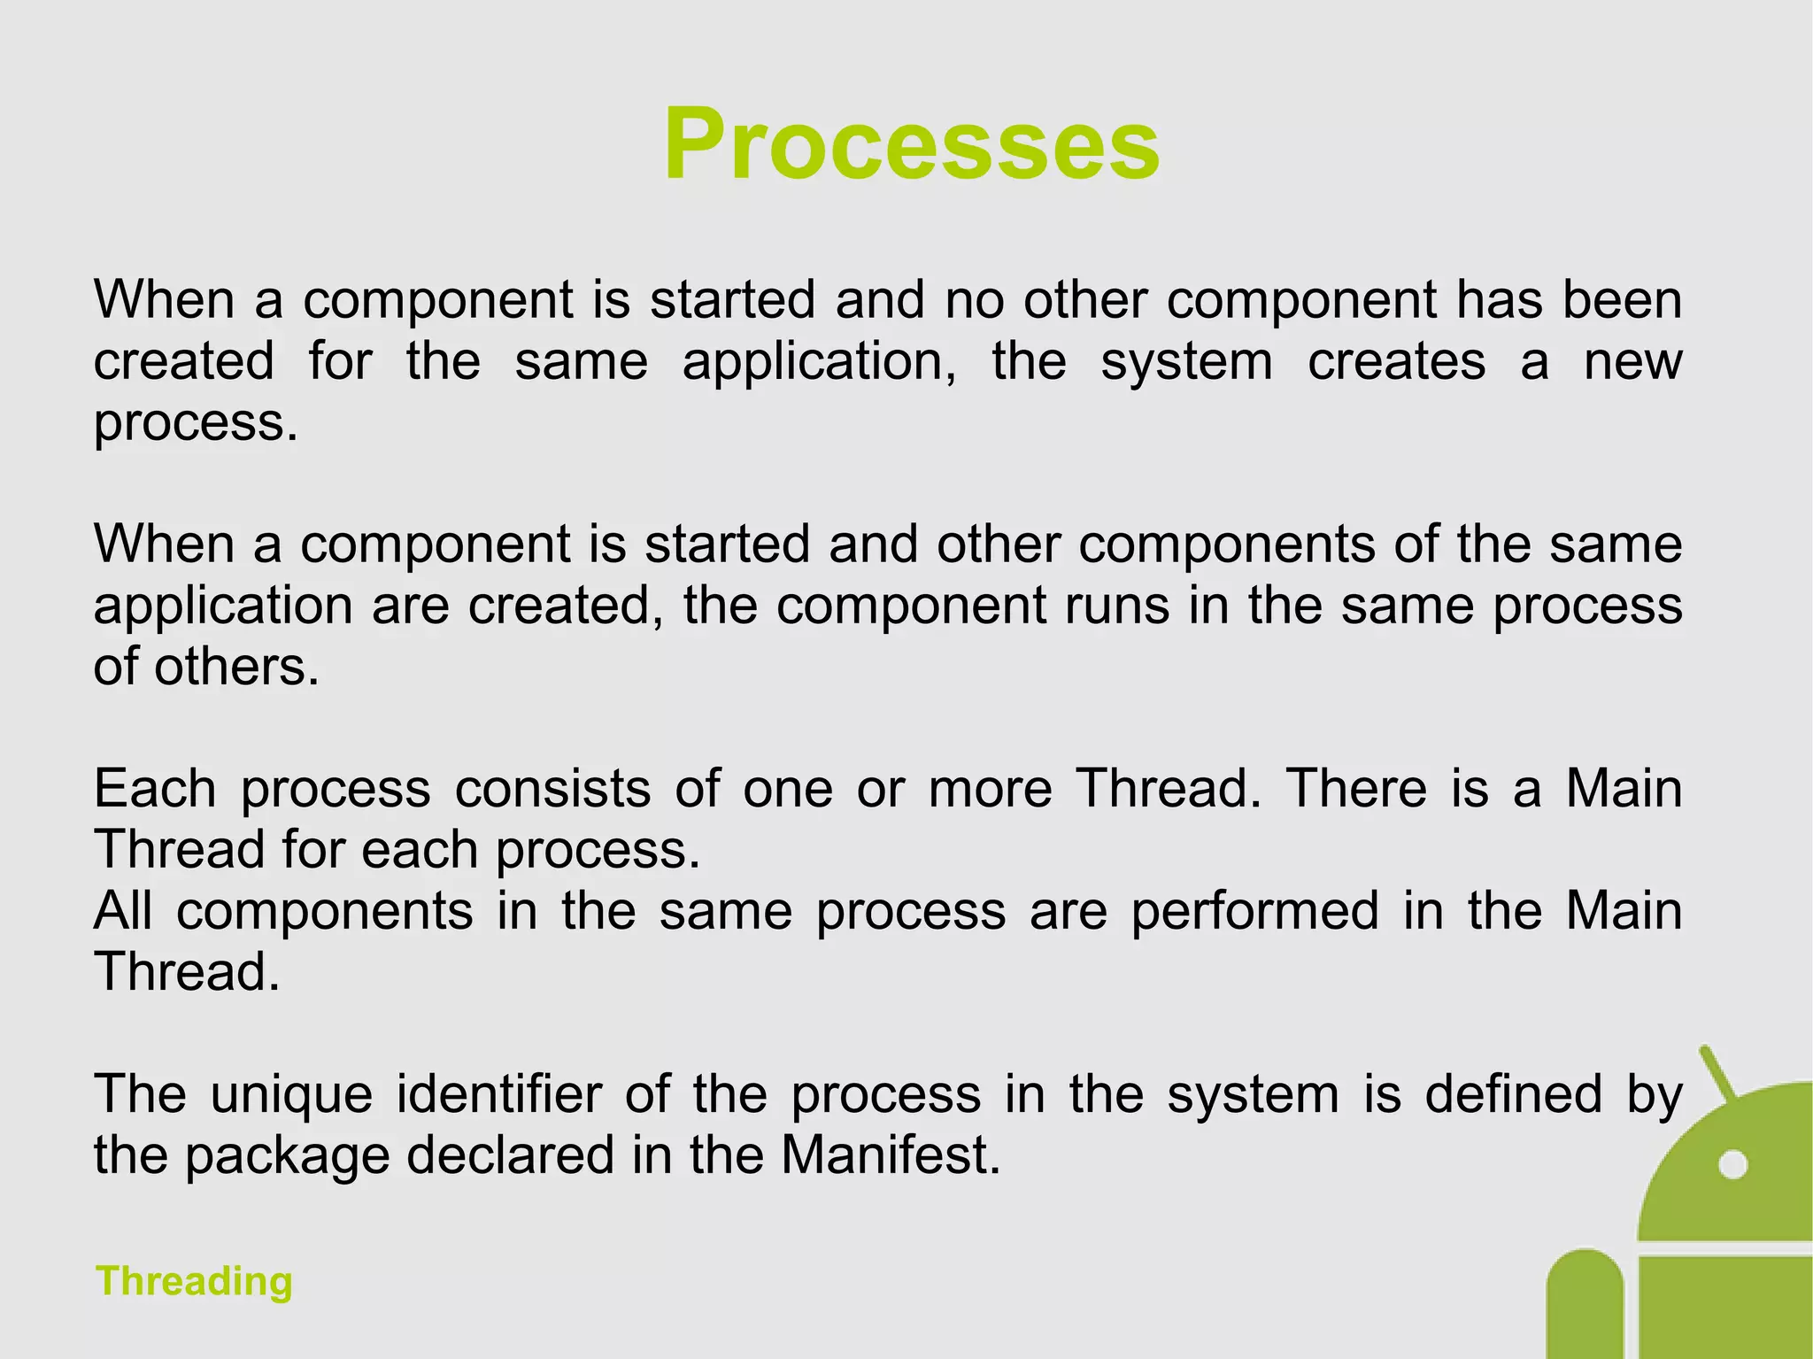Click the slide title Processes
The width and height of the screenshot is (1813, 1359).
911,144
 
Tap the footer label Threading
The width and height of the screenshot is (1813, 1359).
194,1281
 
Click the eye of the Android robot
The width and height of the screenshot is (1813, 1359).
1732,1164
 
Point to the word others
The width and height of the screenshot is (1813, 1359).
235,667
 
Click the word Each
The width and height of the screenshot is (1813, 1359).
155,788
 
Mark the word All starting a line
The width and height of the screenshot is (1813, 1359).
123,911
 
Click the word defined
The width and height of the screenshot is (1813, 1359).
1514,1094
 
